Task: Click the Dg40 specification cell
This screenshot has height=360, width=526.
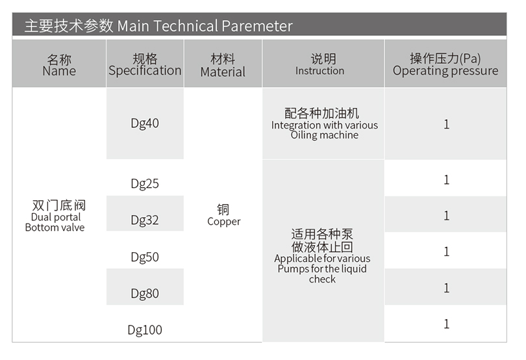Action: pyautogui.click(x=145, y=123)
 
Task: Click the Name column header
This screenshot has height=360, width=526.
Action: pyautogui.click(x=59, y=64)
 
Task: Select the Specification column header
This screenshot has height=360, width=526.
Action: pyautogui.click(x=145, y=64)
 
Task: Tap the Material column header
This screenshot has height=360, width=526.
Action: pyautogui.click(x=223, y=64)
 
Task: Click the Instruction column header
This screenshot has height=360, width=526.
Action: pyautogui.click(x=323, y=64)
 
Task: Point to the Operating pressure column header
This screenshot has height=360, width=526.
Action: pyautogui.click(x=445, y=64)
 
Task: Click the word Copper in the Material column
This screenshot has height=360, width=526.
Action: pyautogui.click(x=224, y=222)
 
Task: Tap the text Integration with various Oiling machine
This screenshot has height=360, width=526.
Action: pyautogui.click(x=325, y=130)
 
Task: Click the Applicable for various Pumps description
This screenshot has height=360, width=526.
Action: pyautogui.click(x=322, y=268)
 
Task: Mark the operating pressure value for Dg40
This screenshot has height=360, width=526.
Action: pyautogui.click(x=447, y=124)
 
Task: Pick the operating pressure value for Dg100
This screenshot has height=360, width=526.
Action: pyautogui.click(x=447, y=324)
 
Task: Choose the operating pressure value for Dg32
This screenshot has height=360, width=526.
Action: pyautogui.click(x=447, y=215)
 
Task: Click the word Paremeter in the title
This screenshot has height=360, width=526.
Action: pyautogui.click(x=257, y=26)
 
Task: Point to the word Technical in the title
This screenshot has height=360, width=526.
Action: pyautogui.click(x=185, y=26)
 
